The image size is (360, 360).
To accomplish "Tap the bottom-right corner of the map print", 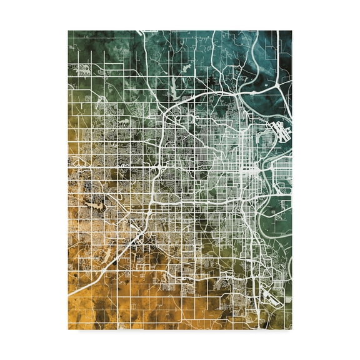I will tap(291, 329).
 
